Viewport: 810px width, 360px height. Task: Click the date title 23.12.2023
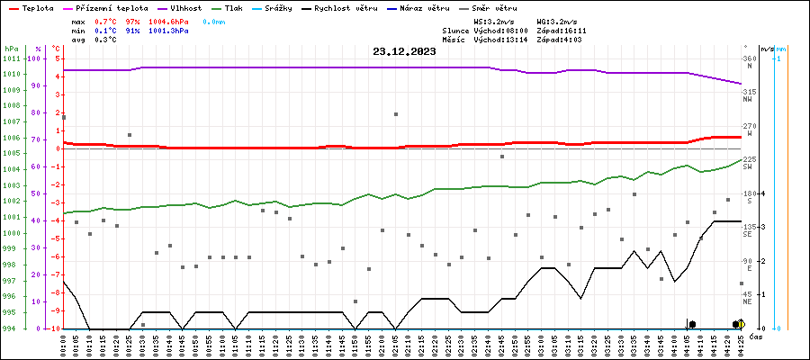tap(404, 52)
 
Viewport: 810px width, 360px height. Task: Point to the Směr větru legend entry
tap(523, 7)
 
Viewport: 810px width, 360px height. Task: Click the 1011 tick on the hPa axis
tap(12, 59)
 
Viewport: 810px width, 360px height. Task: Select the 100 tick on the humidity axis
tap(35, 59)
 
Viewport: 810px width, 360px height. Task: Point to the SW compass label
tap(747, 167)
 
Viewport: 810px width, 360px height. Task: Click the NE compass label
tap(747, 302)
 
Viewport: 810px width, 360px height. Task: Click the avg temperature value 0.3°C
tap(106, 40)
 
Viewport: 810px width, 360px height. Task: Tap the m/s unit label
tap(766, 49)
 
